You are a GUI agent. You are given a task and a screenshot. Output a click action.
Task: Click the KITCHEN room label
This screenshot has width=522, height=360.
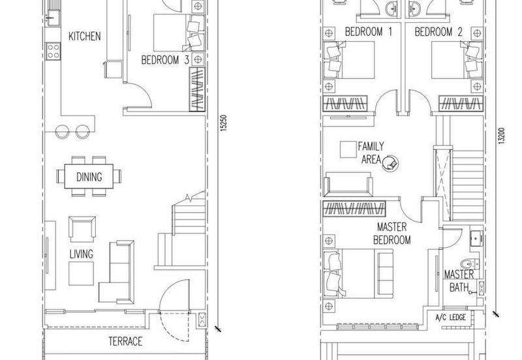[85, 37]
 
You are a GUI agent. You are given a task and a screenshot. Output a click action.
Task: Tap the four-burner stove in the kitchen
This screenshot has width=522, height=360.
[53, 52]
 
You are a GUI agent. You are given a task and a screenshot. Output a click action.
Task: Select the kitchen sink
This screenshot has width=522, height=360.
[53, 18]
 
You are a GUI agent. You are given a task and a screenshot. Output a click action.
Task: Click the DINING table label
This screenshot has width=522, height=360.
[89, 177]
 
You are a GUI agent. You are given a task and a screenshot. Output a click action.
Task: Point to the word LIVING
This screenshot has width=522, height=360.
[81, 254]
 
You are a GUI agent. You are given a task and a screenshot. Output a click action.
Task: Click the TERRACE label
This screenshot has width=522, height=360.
[125, 341]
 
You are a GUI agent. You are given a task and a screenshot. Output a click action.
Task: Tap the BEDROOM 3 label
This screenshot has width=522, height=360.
[165, 60]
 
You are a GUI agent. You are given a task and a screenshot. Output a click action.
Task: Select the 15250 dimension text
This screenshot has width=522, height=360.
[224, 123]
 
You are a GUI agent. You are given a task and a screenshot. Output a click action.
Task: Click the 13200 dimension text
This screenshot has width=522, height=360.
[502, 136]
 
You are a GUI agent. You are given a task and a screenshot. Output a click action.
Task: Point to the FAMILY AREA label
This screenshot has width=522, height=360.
[371, 153]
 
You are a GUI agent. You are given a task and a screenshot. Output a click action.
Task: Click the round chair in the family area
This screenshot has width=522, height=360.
[390, 163]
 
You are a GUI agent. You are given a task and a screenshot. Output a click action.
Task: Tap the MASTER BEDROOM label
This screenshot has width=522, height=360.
[392, 233]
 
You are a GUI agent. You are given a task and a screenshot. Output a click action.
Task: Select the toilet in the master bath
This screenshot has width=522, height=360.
[470, 264]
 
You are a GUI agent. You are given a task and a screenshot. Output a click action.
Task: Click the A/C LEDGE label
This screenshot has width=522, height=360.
[451, 318]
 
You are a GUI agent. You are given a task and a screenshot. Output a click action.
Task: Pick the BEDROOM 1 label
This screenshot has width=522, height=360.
[369, 32]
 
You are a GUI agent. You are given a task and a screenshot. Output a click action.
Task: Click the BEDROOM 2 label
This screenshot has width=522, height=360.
[438, 32]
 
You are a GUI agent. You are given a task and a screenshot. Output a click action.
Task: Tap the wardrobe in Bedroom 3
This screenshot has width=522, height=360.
[197, 89]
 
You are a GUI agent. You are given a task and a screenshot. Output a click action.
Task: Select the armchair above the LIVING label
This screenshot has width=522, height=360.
[82, 230]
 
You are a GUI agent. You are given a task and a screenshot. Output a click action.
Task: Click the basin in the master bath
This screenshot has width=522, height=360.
[476, 238]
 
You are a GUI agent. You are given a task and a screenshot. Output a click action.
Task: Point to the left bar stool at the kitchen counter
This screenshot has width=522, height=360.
[62, 132]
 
